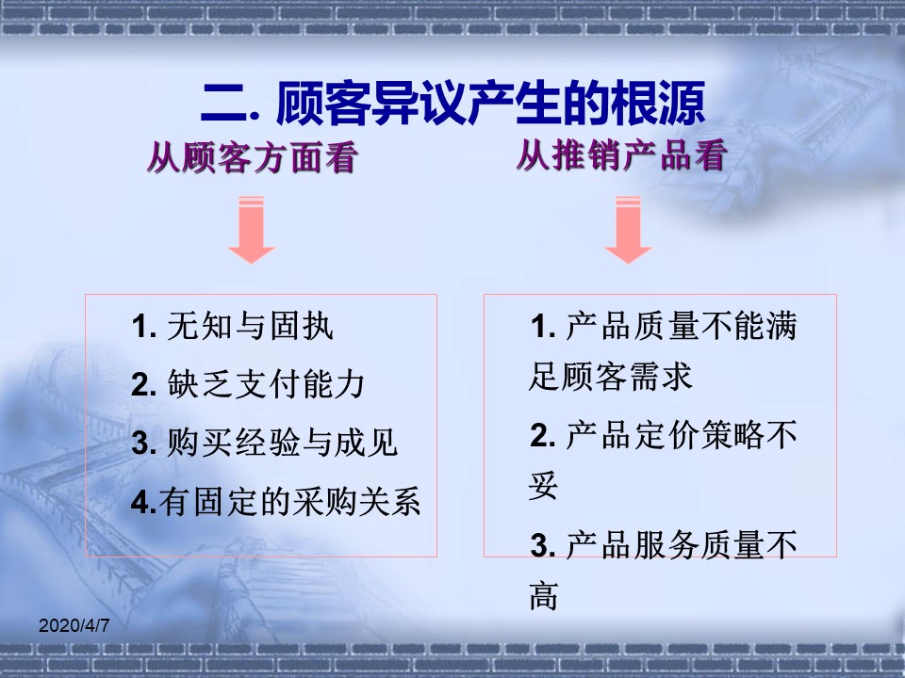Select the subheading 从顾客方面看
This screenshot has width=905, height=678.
pos(253,157)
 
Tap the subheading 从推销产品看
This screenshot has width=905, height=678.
pos(621,155)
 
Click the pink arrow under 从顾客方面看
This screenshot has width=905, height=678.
pos(251,230)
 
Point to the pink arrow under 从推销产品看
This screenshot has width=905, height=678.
pos(628,230)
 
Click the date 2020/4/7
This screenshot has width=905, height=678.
pos(74,625)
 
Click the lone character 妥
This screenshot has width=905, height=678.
pos(543,485)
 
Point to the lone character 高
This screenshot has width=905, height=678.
pos(543,595)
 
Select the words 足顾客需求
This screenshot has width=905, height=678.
pos(610,377)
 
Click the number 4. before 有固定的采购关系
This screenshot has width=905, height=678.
pos(144,502)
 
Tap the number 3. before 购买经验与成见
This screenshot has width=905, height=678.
pos(144,444)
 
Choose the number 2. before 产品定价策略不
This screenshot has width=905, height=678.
pos(543,436)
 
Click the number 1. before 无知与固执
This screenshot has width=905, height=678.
pos(144,327)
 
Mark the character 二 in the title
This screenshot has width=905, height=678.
pos(225,105)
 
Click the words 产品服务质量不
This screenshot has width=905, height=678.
pos(683,545)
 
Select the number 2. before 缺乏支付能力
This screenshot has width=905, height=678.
pos(144,385)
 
